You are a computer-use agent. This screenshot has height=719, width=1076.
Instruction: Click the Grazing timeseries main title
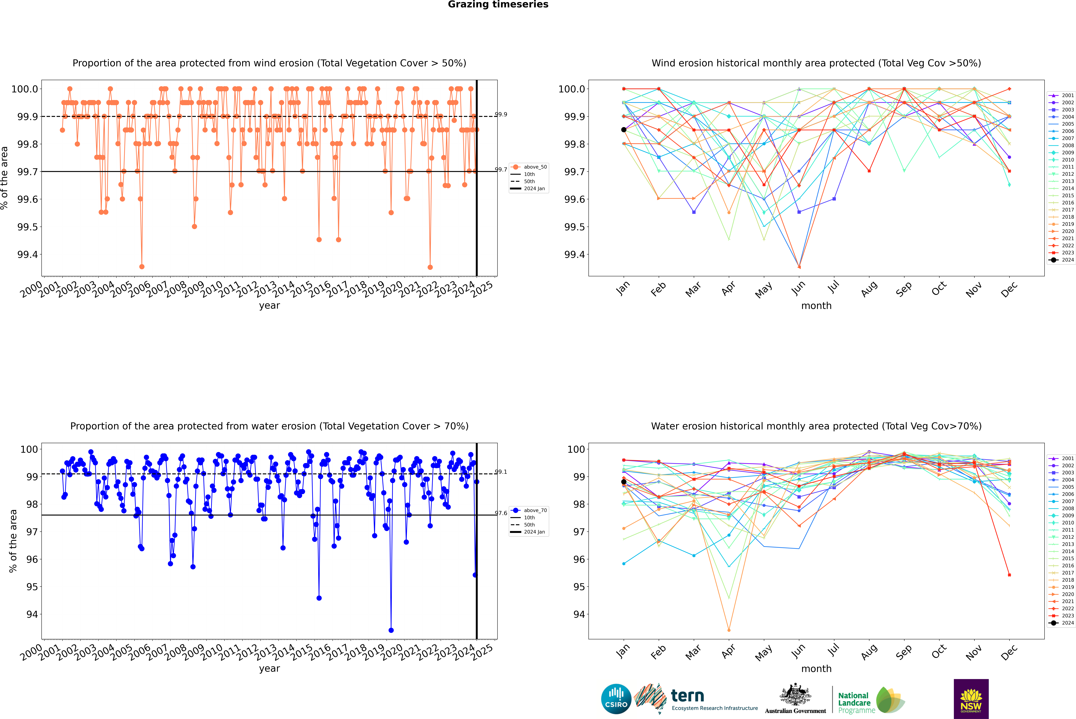tap(498, 5)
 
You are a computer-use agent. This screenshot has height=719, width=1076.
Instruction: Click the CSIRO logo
tap(616, 699)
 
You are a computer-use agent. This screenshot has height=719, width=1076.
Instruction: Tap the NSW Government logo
tap(971, 699)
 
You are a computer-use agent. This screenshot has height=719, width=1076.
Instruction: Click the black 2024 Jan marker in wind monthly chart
tap(624, 130)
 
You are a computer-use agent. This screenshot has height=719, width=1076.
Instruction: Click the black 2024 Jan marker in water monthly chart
tap(624, 482)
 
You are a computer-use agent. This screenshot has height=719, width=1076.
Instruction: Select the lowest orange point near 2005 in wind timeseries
tap(142, 266)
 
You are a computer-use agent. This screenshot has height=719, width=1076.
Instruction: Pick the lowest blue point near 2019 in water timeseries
tap(391, 630)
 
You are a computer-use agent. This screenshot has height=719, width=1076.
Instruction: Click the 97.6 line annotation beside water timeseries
tap(501, 513)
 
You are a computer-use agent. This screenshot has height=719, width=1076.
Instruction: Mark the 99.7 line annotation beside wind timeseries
tap(501, 170)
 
